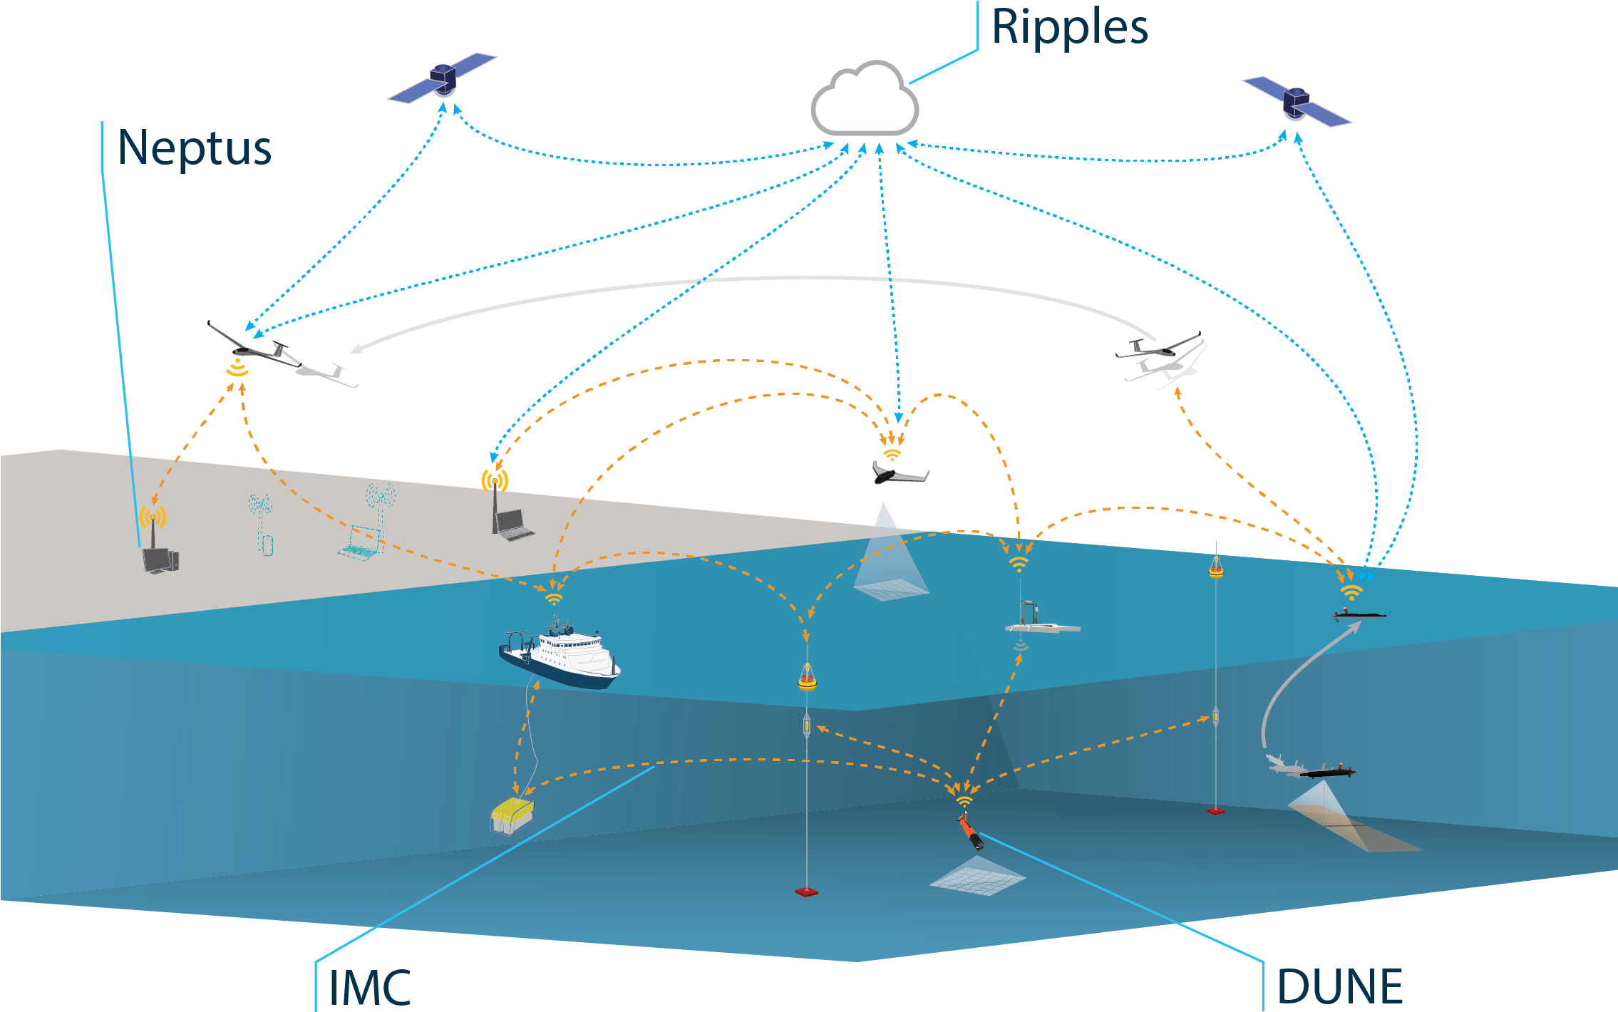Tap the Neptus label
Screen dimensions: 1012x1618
pyautogui.click(x=195, y=148)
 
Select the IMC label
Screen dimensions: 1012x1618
pyautogui.click(x=369, y=988)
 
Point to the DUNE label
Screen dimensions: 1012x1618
pyautogui.click(x=1340, y=986)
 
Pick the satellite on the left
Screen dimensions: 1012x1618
pyautogui.click(x=442, y=77)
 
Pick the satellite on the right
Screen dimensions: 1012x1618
pyautogui.click(x=1297, y=102)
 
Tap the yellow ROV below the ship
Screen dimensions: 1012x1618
pyautogui.click(x=512, y=814)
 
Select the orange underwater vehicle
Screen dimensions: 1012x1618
pyautogui.click(x=971, y=833)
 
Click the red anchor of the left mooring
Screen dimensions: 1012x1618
pyautogui.click(x=806, y=892)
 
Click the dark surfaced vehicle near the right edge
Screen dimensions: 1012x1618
pyautogui.click(x=1358, y=614)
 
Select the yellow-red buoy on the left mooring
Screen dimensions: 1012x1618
pyautogui.click(x=807, y=678)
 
